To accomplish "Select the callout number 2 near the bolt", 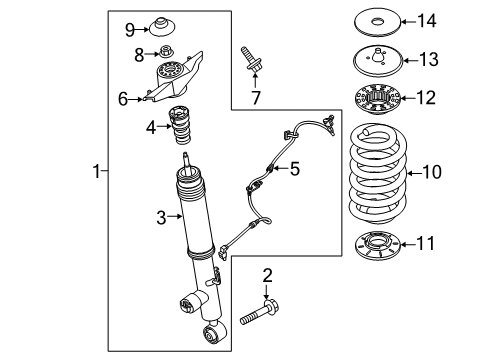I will click(x=266, y=274).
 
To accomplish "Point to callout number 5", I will click(x=295, y=170).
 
